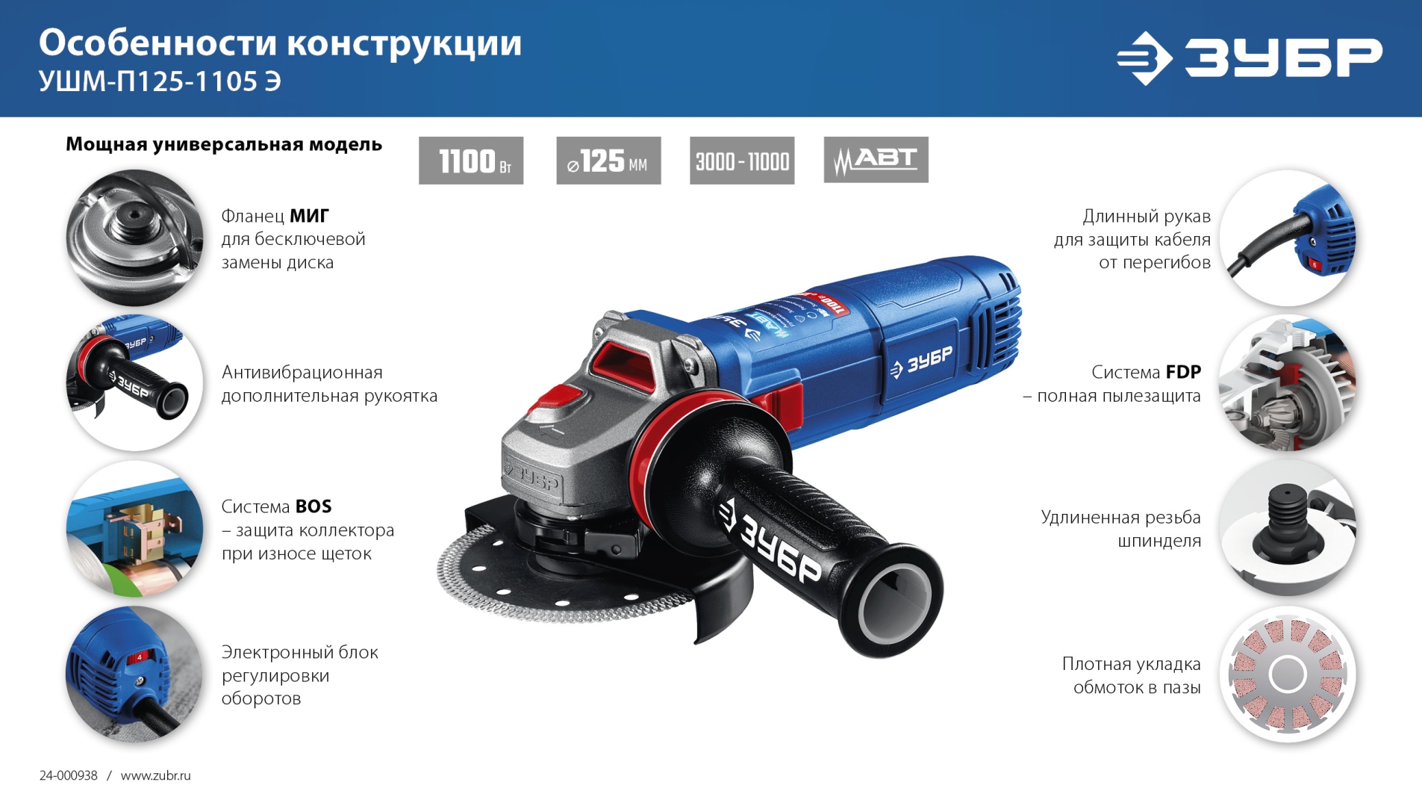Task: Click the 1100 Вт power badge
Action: pos(470,161)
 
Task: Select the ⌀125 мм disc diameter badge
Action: pos(608,161)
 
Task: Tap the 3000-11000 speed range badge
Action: pos(742,161)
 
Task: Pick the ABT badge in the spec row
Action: pos(876,160)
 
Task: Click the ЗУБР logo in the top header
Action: pos(1249,58)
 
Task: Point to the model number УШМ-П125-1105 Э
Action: pos(160,81)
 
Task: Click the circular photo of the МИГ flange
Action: pos(134,238)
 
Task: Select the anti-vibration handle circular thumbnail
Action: pos(134,382)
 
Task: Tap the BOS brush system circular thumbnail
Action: pos(134,528)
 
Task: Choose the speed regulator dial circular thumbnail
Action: pos(134,674)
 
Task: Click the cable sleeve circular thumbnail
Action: pos(1288,238)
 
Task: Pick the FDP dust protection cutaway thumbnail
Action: pos(1288,382)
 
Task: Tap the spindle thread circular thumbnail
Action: pos(1288,528)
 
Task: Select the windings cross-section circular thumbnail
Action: pos(1288,674)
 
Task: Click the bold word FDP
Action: pos(1183,372)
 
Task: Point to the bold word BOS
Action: pos(314,506)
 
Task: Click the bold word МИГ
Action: pos(309,216)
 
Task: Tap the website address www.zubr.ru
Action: pos(155,775)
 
